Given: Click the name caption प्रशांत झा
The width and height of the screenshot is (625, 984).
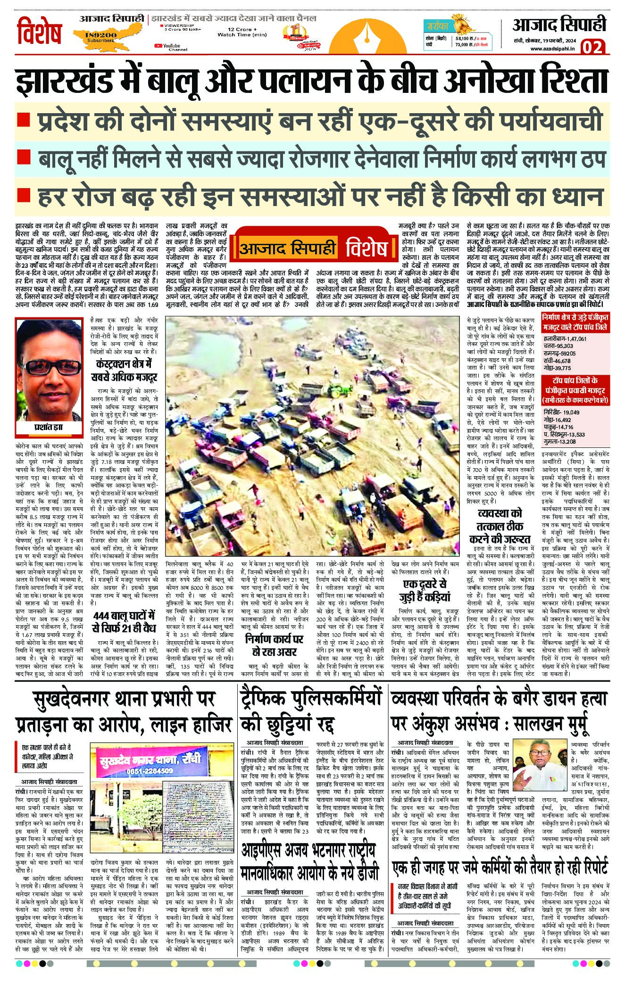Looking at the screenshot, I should (x=49, y=428).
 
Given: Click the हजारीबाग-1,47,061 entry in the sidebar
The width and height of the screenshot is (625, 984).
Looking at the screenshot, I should (x=565, y=339).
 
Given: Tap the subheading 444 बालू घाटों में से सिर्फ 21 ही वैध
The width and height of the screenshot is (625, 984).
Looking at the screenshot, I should (x=124, y=621).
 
